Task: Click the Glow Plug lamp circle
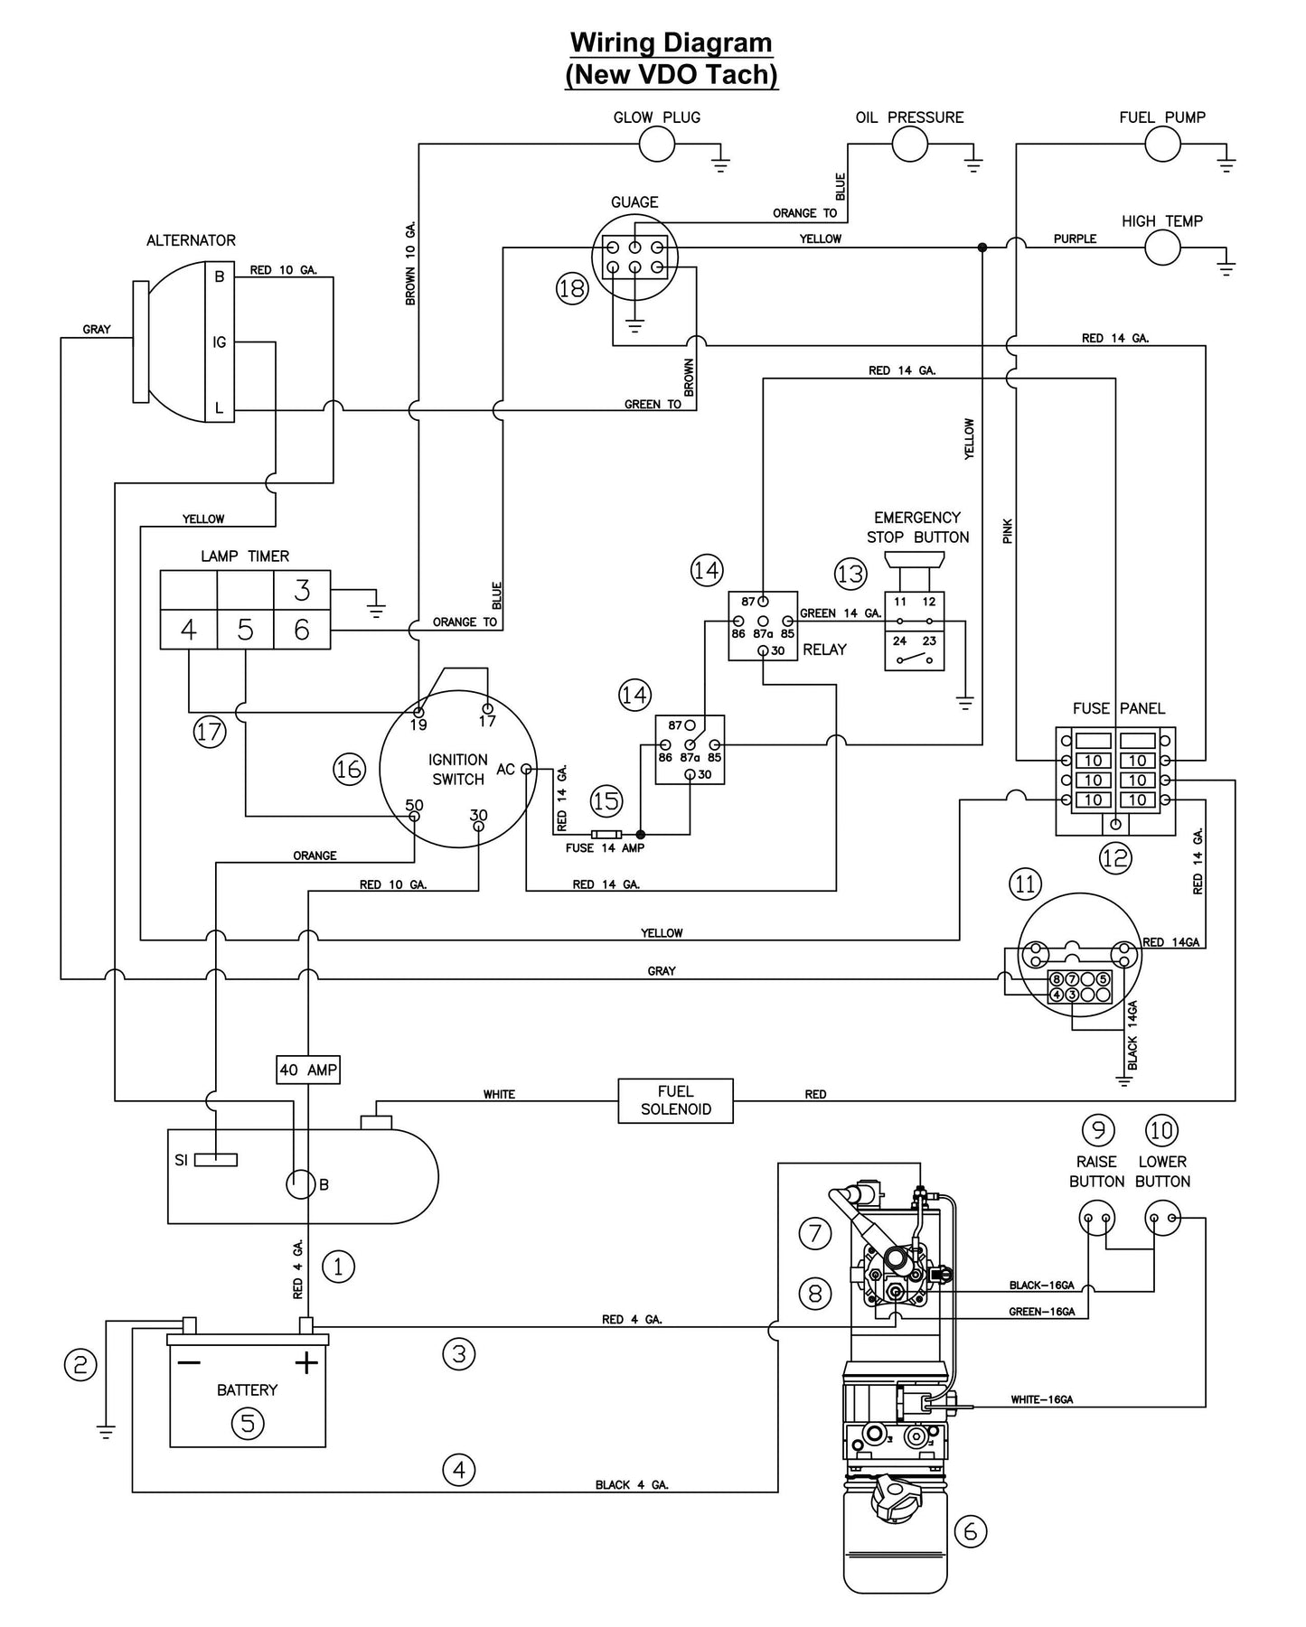[657, 144]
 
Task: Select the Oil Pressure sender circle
[909, 144]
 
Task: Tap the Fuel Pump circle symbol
[1162, 144]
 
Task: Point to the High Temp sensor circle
[1162, 247]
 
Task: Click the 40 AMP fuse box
[308, 1070]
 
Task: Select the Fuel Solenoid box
[675, 1100]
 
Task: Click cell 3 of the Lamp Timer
[302, 590]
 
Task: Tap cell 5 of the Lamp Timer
[245, 630]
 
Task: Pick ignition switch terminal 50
[414, 816]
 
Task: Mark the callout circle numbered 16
[349, 769]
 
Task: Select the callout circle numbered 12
[1114, 857]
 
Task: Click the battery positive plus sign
[307, 1361]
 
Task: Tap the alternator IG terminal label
[219, 342]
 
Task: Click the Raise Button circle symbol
[1096, 1219]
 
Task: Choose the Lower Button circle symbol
[1162, 1219]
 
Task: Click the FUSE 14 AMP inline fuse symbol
[605, 834]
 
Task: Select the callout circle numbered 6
[971, 1530]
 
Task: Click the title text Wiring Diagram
[671, 42]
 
